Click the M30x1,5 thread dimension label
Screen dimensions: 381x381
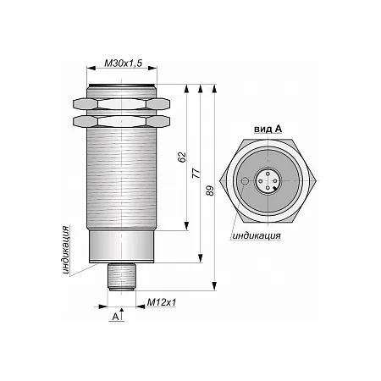[x=123, y=63]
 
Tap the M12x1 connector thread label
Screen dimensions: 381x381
[x=162, y=302]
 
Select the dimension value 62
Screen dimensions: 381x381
[x=182, y=157]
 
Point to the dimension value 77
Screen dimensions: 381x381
[x=196, y=173]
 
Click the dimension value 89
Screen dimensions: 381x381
[x=210, y=190]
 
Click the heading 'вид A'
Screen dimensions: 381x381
[x=268, y=130]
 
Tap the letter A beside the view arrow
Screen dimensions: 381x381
[x=115, y=317]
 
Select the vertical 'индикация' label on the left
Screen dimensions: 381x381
[x=65, y=250]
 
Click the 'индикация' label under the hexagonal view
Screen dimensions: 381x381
[x=257, y=235]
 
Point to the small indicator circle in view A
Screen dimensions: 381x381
[x=245, y=180]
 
